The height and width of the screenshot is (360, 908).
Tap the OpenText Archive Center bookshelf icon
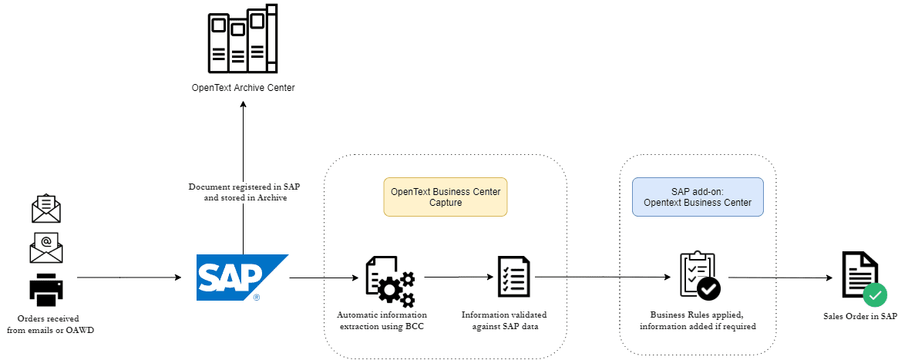pyautogui.click(x=243, y=38)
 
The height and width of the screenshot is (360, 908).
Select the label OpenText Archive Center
pyautogui.click(x=243, y=88)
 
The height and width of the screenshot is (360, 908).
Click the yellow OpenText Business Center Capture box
pyautogui.click(x=445, y=197)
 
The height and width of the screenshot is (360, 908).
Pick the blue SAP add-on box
pyautogui.click(x=698, y=197)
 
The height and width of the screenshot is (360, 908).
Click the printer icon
pyautogui.click(x=46, y=290)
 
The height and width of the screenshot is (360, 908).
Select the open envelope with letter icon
pyautogui.click(x=46, y=208)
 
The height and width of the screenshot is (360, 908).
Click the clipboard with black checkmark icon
pyautogui.click(x=699, y=275)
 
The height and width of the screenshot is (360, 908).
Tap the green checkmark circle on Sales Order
pyautogui.click(x=874, y=294)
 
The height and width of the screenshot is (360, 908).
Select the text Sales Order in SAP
pyautogui.click(x=860, y=316)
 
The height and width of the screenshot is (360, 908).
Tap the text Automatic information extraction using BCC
pyautogui.click(x=382, y=321)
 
